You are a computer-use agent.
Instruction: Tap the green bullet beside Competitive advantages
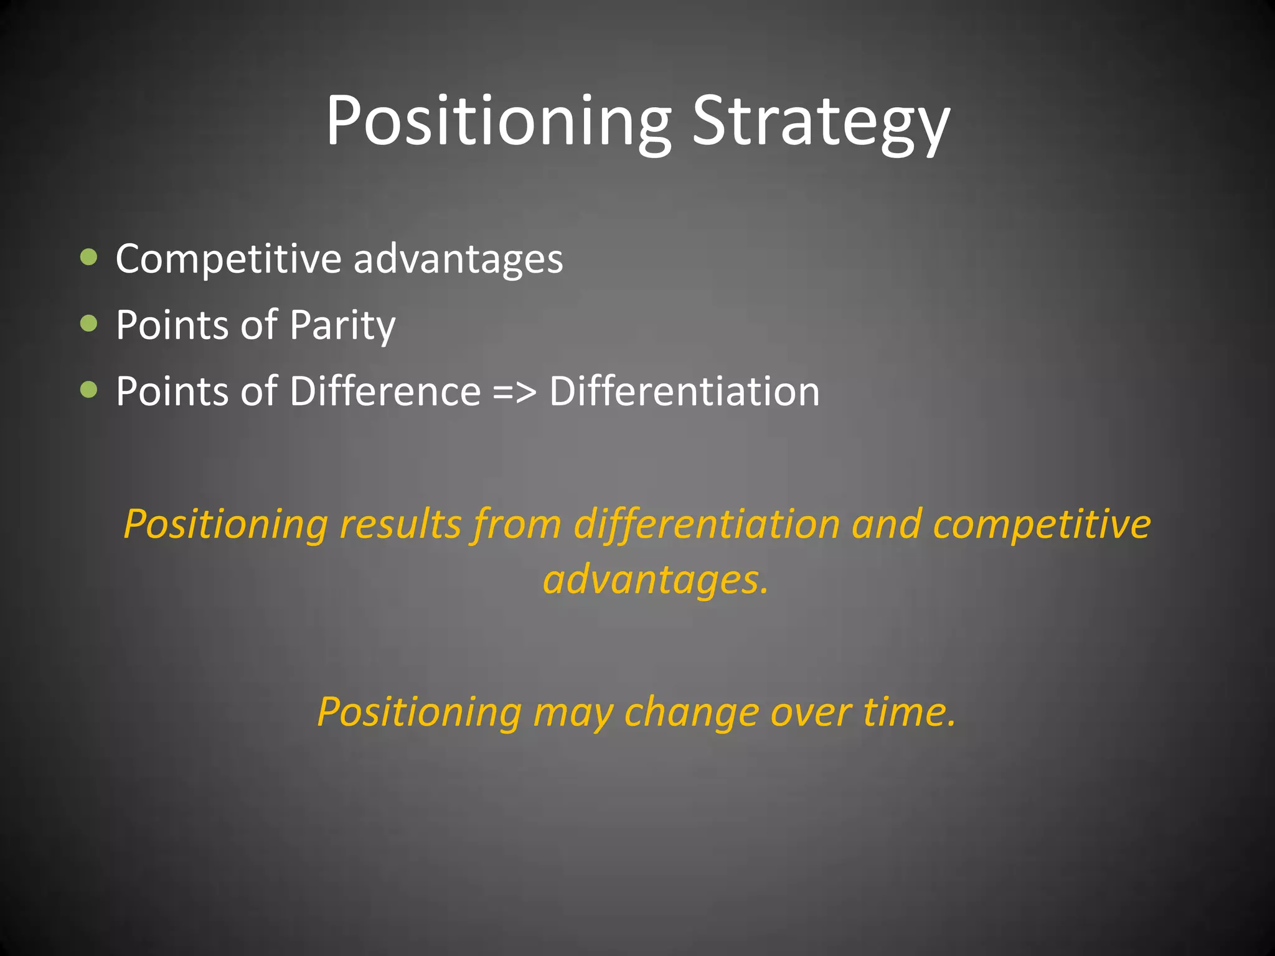(x=89, y=256)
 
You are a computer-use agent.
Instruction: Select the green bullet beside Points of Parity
(x=89, y=323)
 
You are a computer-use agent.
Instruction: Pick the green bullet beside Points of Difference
(x=89, y=390)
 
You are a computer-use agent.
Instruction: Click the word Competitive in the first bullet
(x=228, y=258)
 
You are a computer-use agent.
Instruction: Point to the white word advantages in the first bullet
(x=458, y=258)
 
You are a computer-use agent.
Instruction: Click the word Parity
(x=342, y=325)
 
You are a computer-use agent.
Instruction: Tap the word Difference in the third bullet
(x=385, y=391)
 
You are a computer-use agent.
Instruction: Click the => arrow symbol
(x=514, y=392)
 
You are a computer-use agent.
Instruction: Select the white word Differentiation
(x=684, y=391)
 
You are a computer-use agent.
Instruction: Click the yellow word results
(x=400, y=524)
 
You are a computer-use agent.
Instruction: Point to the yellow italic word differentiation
(x=707, y=524)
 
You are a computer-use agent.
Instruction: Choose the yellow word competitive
(x=1042, y=524)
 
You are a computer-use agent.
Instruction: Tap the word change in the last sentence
(x=692, y=711)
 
